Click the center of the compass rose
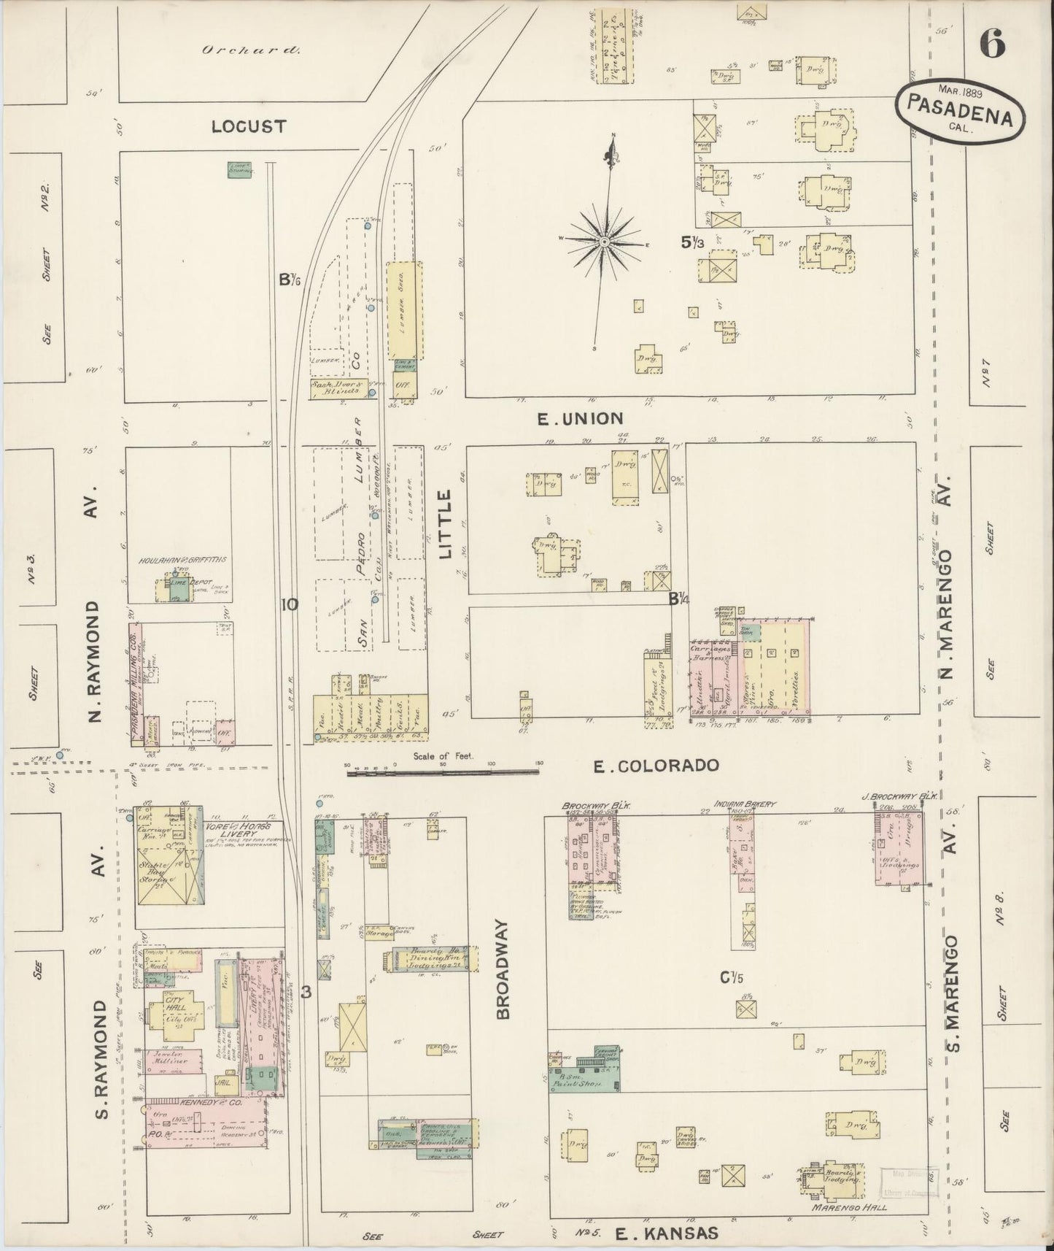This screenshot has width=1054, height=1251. point(605,242)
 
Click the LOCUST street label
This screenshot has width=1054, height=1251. point(248,127)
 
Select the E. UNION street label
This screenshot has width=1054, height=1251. point(580,418)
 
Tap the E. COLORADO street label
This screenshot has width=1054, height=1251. point(656,766)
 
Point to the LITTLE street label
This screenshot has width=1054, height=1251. point(446,525)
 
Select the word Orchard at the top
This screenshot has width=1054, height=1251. point(251,50)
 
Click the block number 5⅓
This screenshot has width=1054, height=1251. point(692,243)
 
